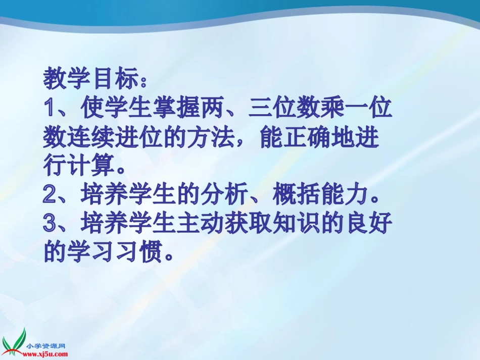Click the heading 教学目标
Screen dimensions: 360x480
coord(91,79)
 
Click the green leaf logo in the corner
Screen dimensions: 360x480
coord(14,340)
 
